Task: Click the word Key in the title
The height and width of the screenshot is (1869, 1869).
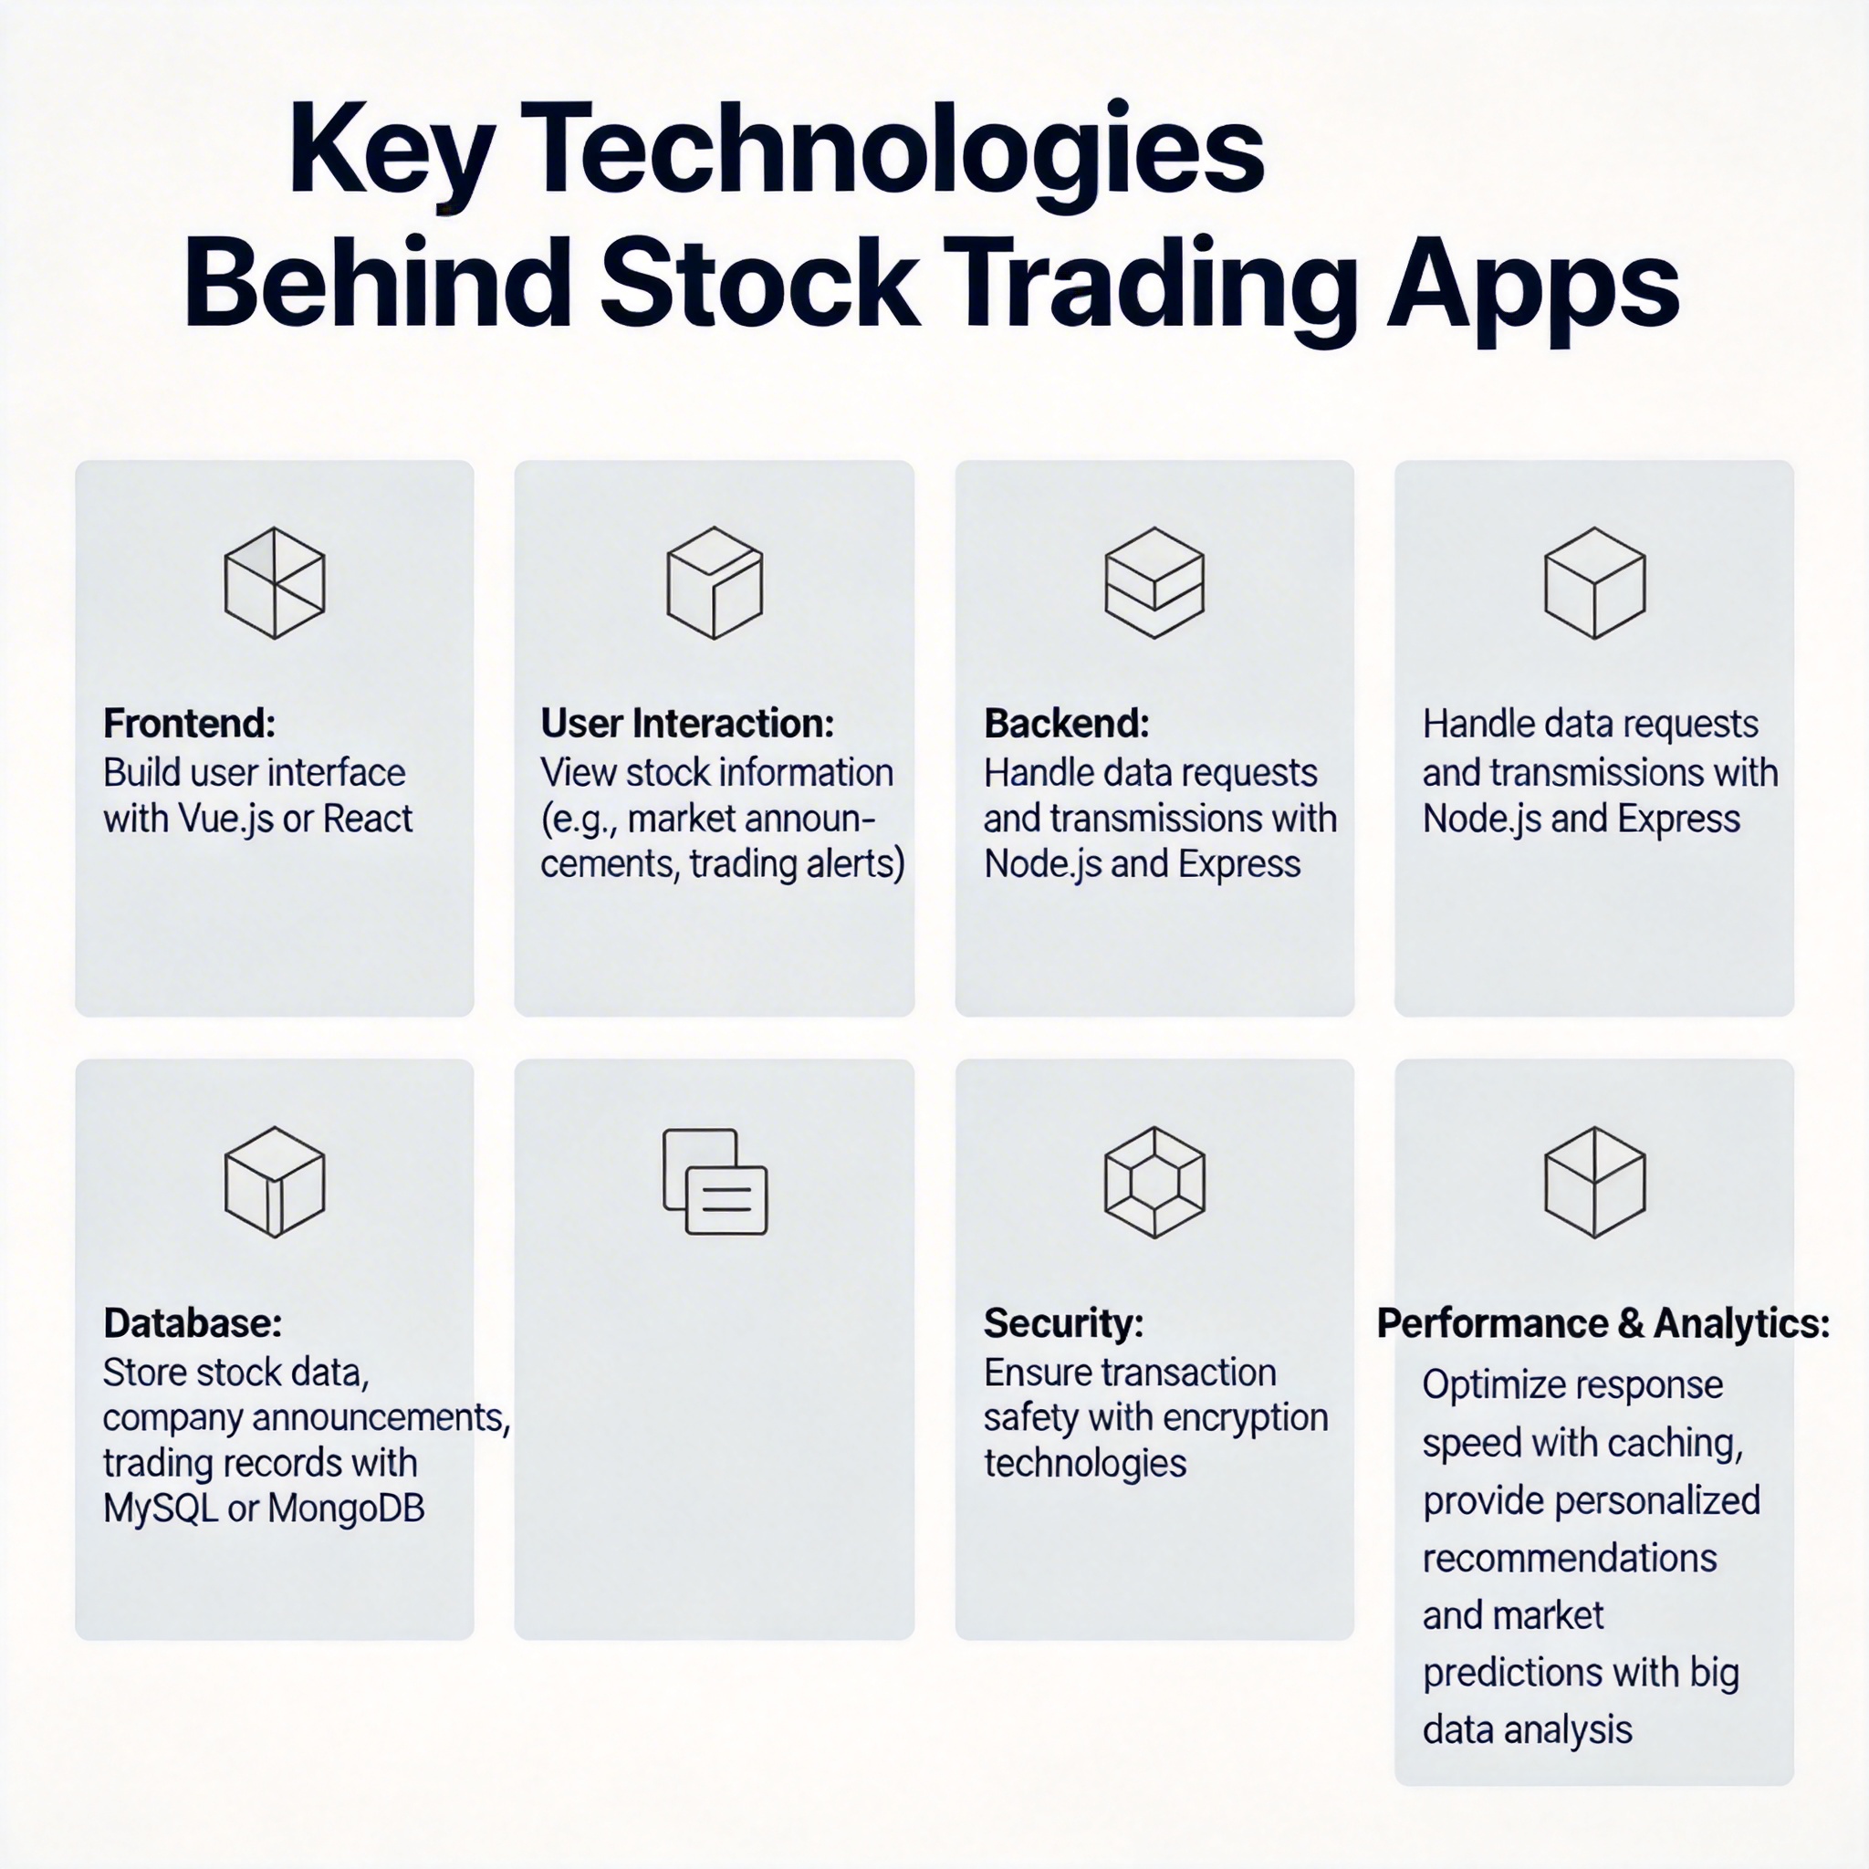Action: (x=392, y=152)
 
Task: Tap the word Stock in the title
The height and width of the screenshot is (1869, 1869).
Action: (x=759, y=281)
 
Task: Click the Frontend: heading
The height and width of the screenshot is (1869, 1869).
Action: (x=190, y=724)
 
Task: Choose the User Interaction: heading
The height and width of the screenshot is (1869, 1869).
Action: (x=688, y=724)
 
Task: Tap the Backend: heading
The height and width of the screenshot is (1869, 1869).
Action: (x=1067, y=724)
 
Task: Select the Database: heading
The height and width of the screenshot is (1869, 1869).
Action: (x=193, y=1323)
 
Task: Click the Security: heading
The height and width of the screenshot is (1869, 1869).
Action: (x=1063, y=1322)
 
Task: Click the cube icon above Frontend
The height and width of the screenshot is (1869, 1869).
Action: (x=275, y=582)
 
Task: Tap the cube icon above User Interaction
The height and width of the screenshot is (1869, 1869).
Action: (x=715, y=582)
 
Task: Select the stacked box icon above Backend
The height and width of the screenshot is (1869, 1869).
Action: (x=1154, y=582)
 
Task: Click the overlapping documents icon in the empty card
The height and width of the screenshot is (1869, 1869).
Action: (x=715, y=1181)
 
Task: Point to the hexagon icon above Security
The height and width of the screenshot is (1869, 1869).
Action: (x=1154, y=1182)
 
